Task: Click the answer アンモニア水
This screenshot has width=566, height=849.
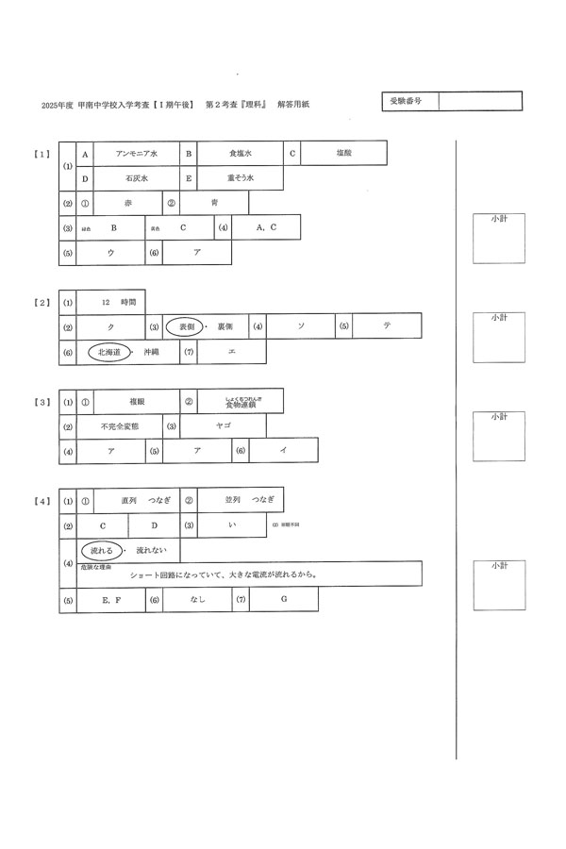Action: [x=137, y=153]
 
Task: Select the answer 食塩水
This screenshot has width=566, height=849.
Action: [x=241, y=153]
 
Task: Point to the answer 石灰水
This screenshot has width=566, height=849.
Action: [x=137, y=177]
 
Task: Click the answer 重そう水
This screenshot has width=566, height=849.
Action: [x=241, y=177]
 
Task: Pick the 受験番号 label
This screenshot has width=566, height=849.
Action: [x=407, y=101]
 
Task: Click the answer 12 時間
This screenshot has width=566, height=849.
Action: [x=119, y=302]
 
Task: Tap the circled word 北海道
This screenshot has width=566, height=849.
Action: [x=110, y=352]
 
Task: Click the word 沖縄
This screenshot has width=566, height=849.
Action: [x=152, y=352]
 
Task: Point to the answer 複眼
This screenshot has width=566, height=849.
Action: [x=137, y=401]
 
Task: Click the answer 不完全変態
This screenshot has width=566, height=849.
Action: [x=119, y=426]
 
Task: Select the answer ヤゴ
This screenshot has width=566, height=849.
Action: [x=224, y=426]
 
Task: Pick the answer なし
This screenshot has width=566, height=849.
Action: [x=197, y=599]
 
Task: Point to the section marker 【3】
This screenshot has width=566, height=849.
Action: [x=42, y=403]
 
